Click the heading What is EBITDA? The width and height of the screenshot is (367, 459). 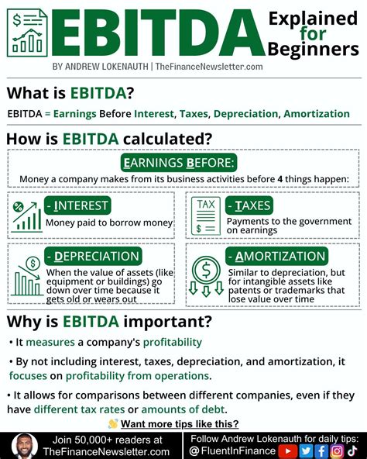coord(70,94)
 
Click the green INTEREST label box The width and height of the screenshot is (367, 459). coord(77,205)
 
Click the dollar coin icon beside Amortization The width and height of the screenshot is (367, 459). coord(206,275)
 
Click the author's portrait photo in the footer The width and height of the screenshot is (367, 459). coord(23,446)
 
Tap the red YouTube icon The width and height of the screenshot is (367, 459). coord(287,450)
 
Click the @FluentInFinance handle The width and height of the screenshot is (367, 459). coord(233,450)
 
